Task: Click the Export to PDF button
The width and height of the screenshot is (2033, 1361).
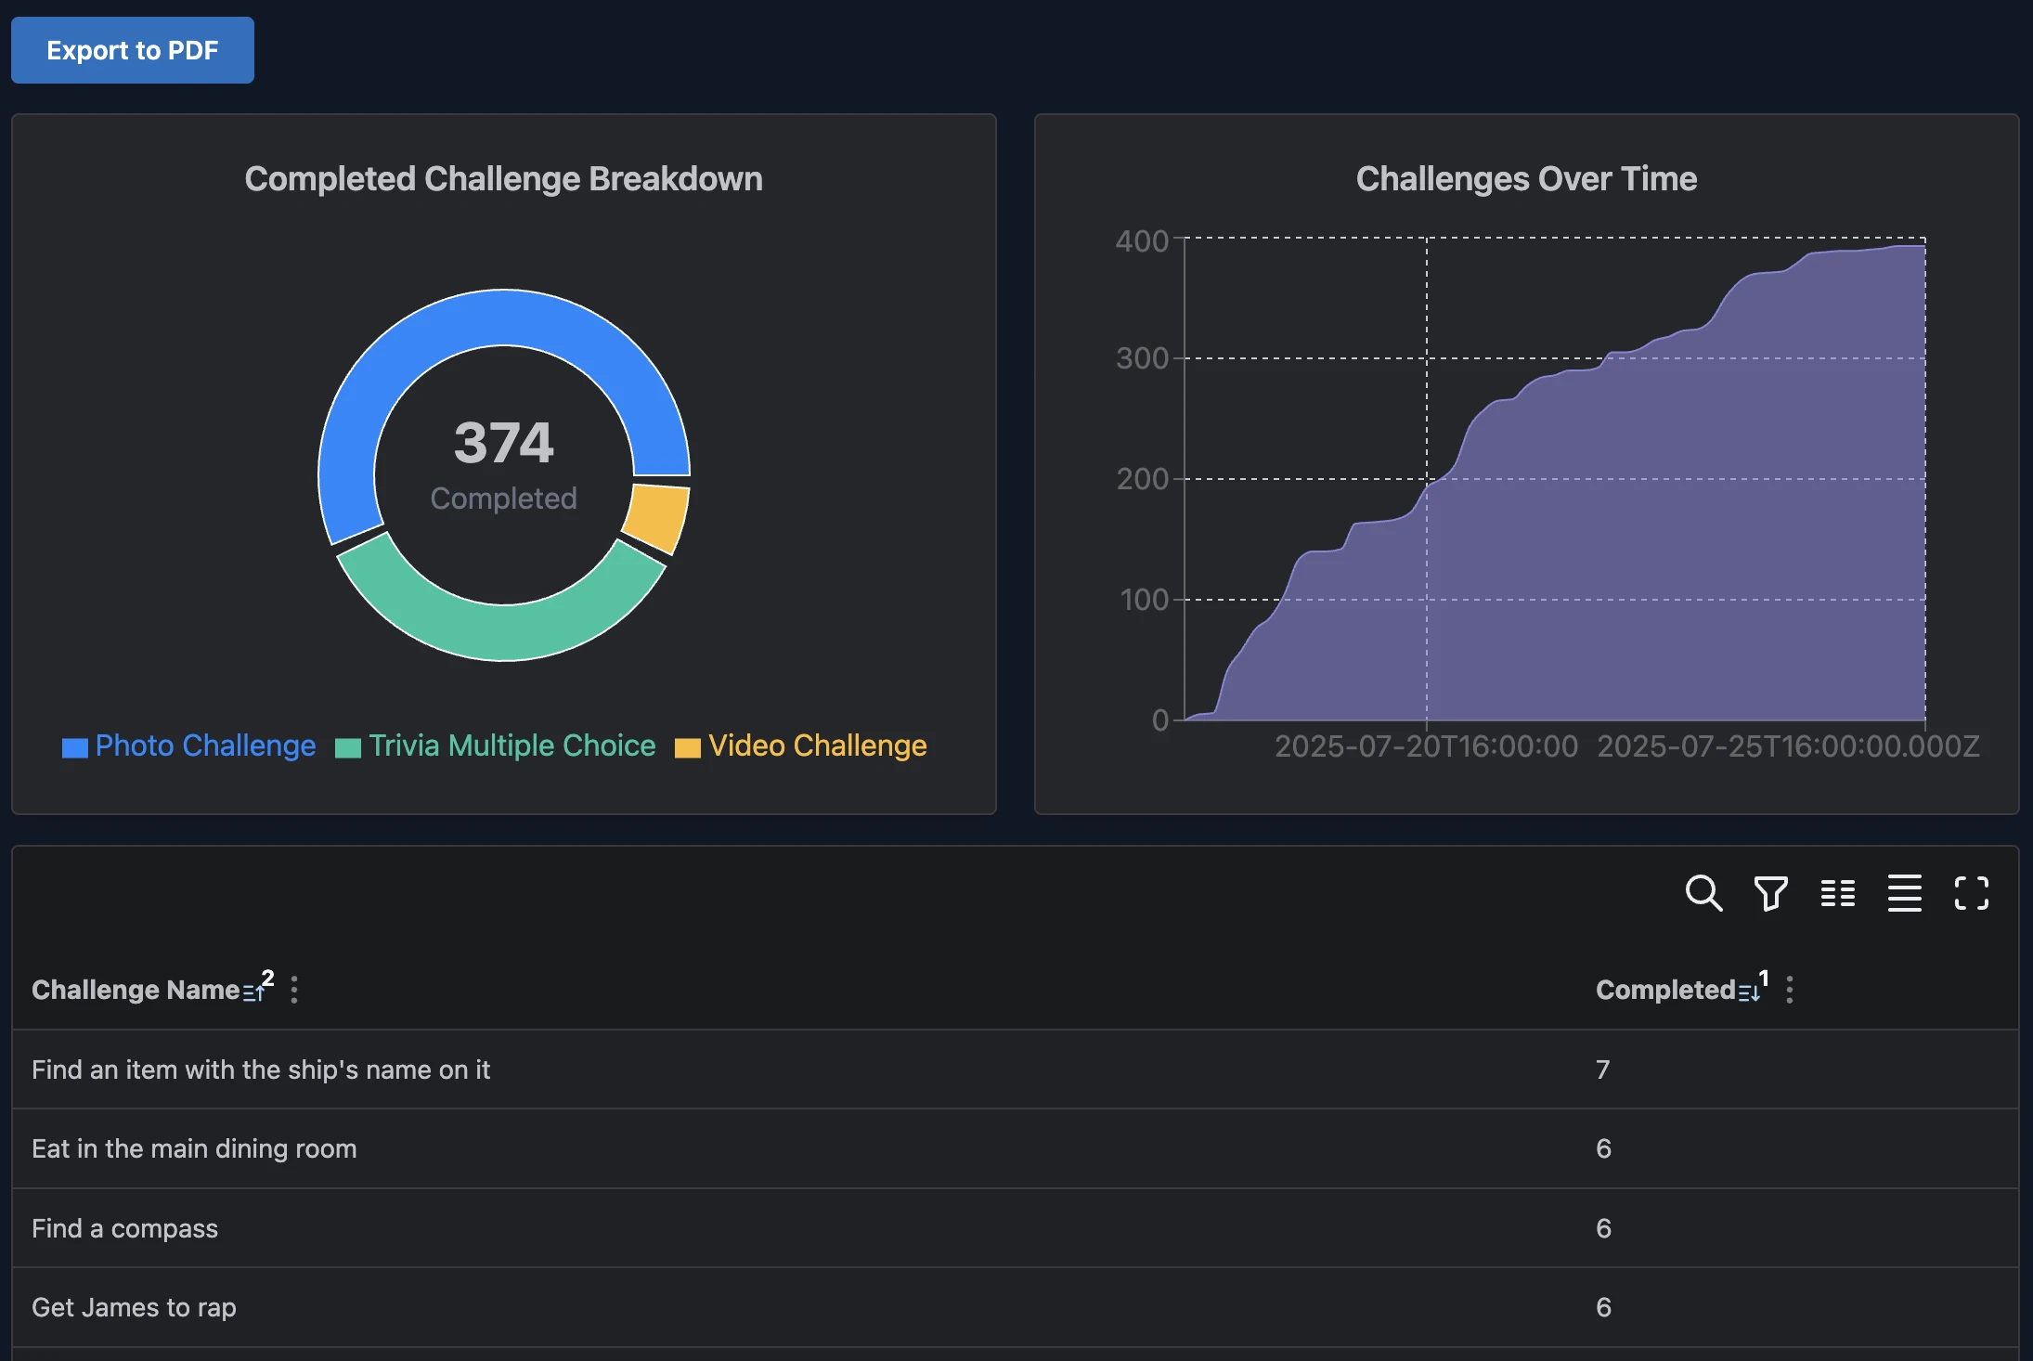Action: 132,50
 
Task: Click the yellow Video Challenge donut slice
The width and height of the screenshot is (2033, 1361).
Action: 657,518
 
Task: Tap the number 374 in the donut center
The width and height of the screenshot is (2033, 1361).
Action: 503,443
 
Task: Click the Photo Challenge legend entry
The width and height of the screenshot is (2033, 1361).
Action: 188,745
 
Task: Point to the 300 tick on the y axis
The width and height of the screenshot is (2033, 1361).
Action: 1142,358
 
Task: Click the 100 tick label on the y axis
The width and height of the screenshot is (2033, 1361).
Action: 1144,600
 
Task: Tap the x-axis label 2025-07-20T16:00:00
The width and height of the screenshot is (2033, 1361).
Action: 1426,746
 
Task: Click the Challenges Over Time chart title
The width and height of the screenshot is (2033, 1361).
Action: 1526,178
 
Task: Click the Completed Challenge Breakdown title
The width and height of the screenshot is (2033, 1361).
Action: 503,178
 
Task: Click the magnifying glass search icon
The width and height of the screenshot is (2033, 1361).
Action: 1703,893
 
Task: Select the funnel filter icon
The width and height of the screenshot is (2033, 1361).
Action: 1770,893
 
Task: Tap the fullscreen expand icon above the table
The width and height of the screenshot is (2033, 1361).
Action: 1971,893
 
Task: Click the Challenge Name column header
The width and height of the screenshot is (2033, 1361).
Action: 136,990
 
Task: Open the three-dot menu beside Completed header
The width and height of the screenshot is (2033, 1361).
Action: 1790,990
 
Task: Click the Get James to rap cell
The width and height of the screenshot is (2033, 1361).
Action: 134,1307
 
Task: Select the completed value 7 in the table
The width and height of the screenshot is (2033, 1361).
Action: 1603,1069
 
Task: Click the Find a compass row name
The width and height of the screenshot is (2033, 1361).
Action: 124,1228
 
